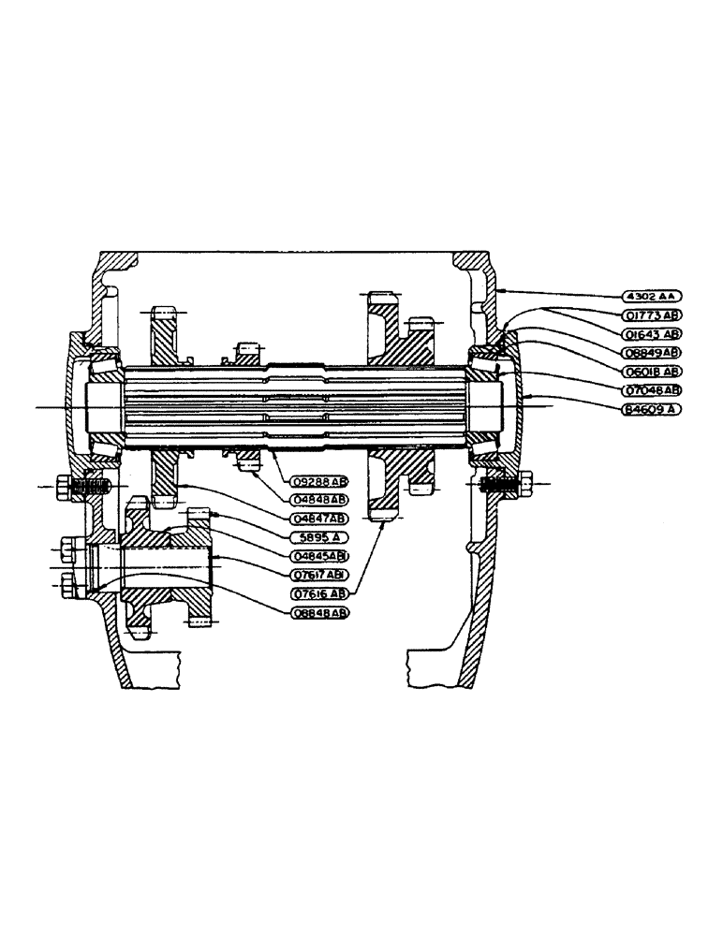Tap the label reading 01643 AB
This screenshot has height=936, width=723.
653,333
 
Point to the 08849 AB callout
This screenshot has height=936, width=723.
653,352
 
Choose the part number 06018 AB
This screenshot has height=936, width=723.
653,371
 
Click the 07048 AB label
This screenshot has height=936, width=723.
653,389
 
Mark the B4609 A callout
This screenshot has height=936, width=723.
653,408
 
